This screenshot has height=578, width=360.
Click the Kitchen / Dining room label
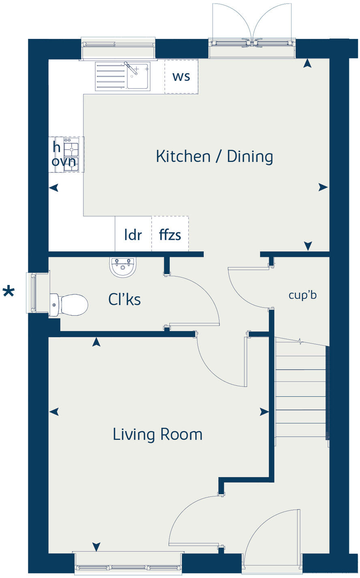[214, 156]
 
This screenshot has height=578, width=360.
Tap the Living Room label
[157, 434]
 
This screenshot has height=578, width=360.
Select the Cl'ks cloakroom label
[124, 300]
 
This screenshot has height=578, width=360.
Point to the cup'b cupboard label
[302, 295]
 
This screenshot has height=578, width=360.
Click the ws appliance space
[181, 76]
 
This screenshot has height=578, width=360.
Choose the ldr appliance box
[133, 234]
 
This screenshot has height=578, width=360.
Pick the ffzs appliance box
[170, 234]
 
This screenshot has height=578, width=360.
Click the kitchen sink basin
[138, 76]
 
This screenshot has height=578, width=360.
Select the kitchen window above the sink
[118, 49]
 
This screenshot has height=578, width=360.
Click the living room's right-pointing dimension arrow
[264, 412]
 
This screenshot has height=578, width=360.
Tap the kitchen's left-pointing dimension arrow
[54, 188]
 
